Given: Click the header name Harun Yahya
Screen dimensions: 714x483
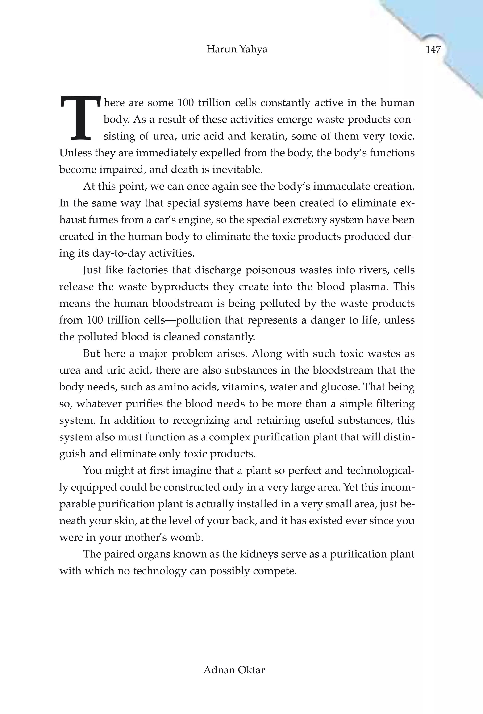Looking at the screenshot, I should [237, 49].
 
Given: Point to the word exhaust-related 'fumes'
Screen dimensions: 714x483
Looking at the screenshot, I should [104, 220].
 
